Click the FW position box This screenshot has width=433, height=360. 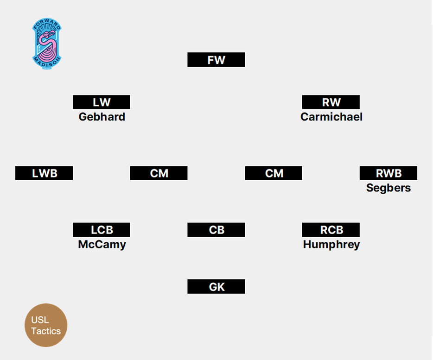click(216, 60)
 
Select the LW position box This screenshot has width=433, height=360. click(101, 102)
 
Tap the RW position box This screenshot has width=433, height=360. click(331, 102)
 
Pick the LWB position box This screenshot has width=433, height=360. click(44, 173)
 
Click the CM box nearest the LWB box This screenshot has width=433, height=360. click(159, 173)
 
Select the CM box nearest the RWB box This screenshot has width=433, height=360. click(274, 173)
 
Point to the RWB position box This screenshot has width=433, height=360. click(388, 173)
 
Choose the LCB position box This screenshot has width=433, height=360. click(101, 230)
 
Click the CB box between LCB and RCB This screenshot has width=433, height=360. click(216, 230)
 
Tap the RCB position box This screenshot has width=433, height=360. click(331, 230)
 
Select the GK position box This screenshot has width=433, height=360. click(216, 287)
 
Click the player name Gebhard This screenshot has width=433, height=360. click(102, 117)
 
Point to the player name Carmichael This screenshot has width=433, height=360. click(331, 117)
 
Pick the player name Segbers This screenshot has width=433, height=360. click(388, 188)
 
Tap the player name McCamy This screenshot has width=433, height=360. click(102, 245)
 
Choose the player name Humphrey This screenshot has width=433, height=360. click(331, 245)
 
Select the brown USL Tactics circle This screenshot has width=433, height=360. click(46, 325)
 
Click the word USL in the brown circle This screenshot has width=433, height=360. click(40, 320)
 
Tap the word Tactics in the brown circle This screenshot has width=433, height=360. click(46, 331)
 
